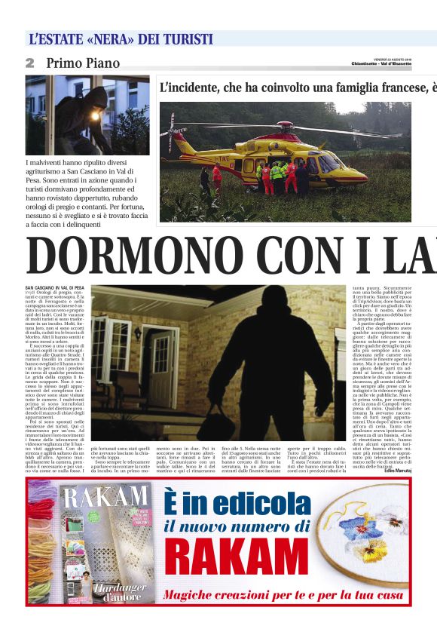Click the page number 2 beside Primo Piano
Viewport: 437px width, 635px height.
coord(30,63)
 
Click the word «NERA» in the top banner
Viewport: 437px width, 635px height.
coord(110,39)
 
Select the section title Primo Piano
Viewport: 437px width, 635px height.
coord(83,63)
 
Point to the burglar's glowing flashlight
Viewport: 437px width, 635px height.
coord(93,115)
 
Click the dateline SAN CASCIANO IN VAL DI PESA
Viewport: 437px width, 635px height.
coord(55,288)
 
